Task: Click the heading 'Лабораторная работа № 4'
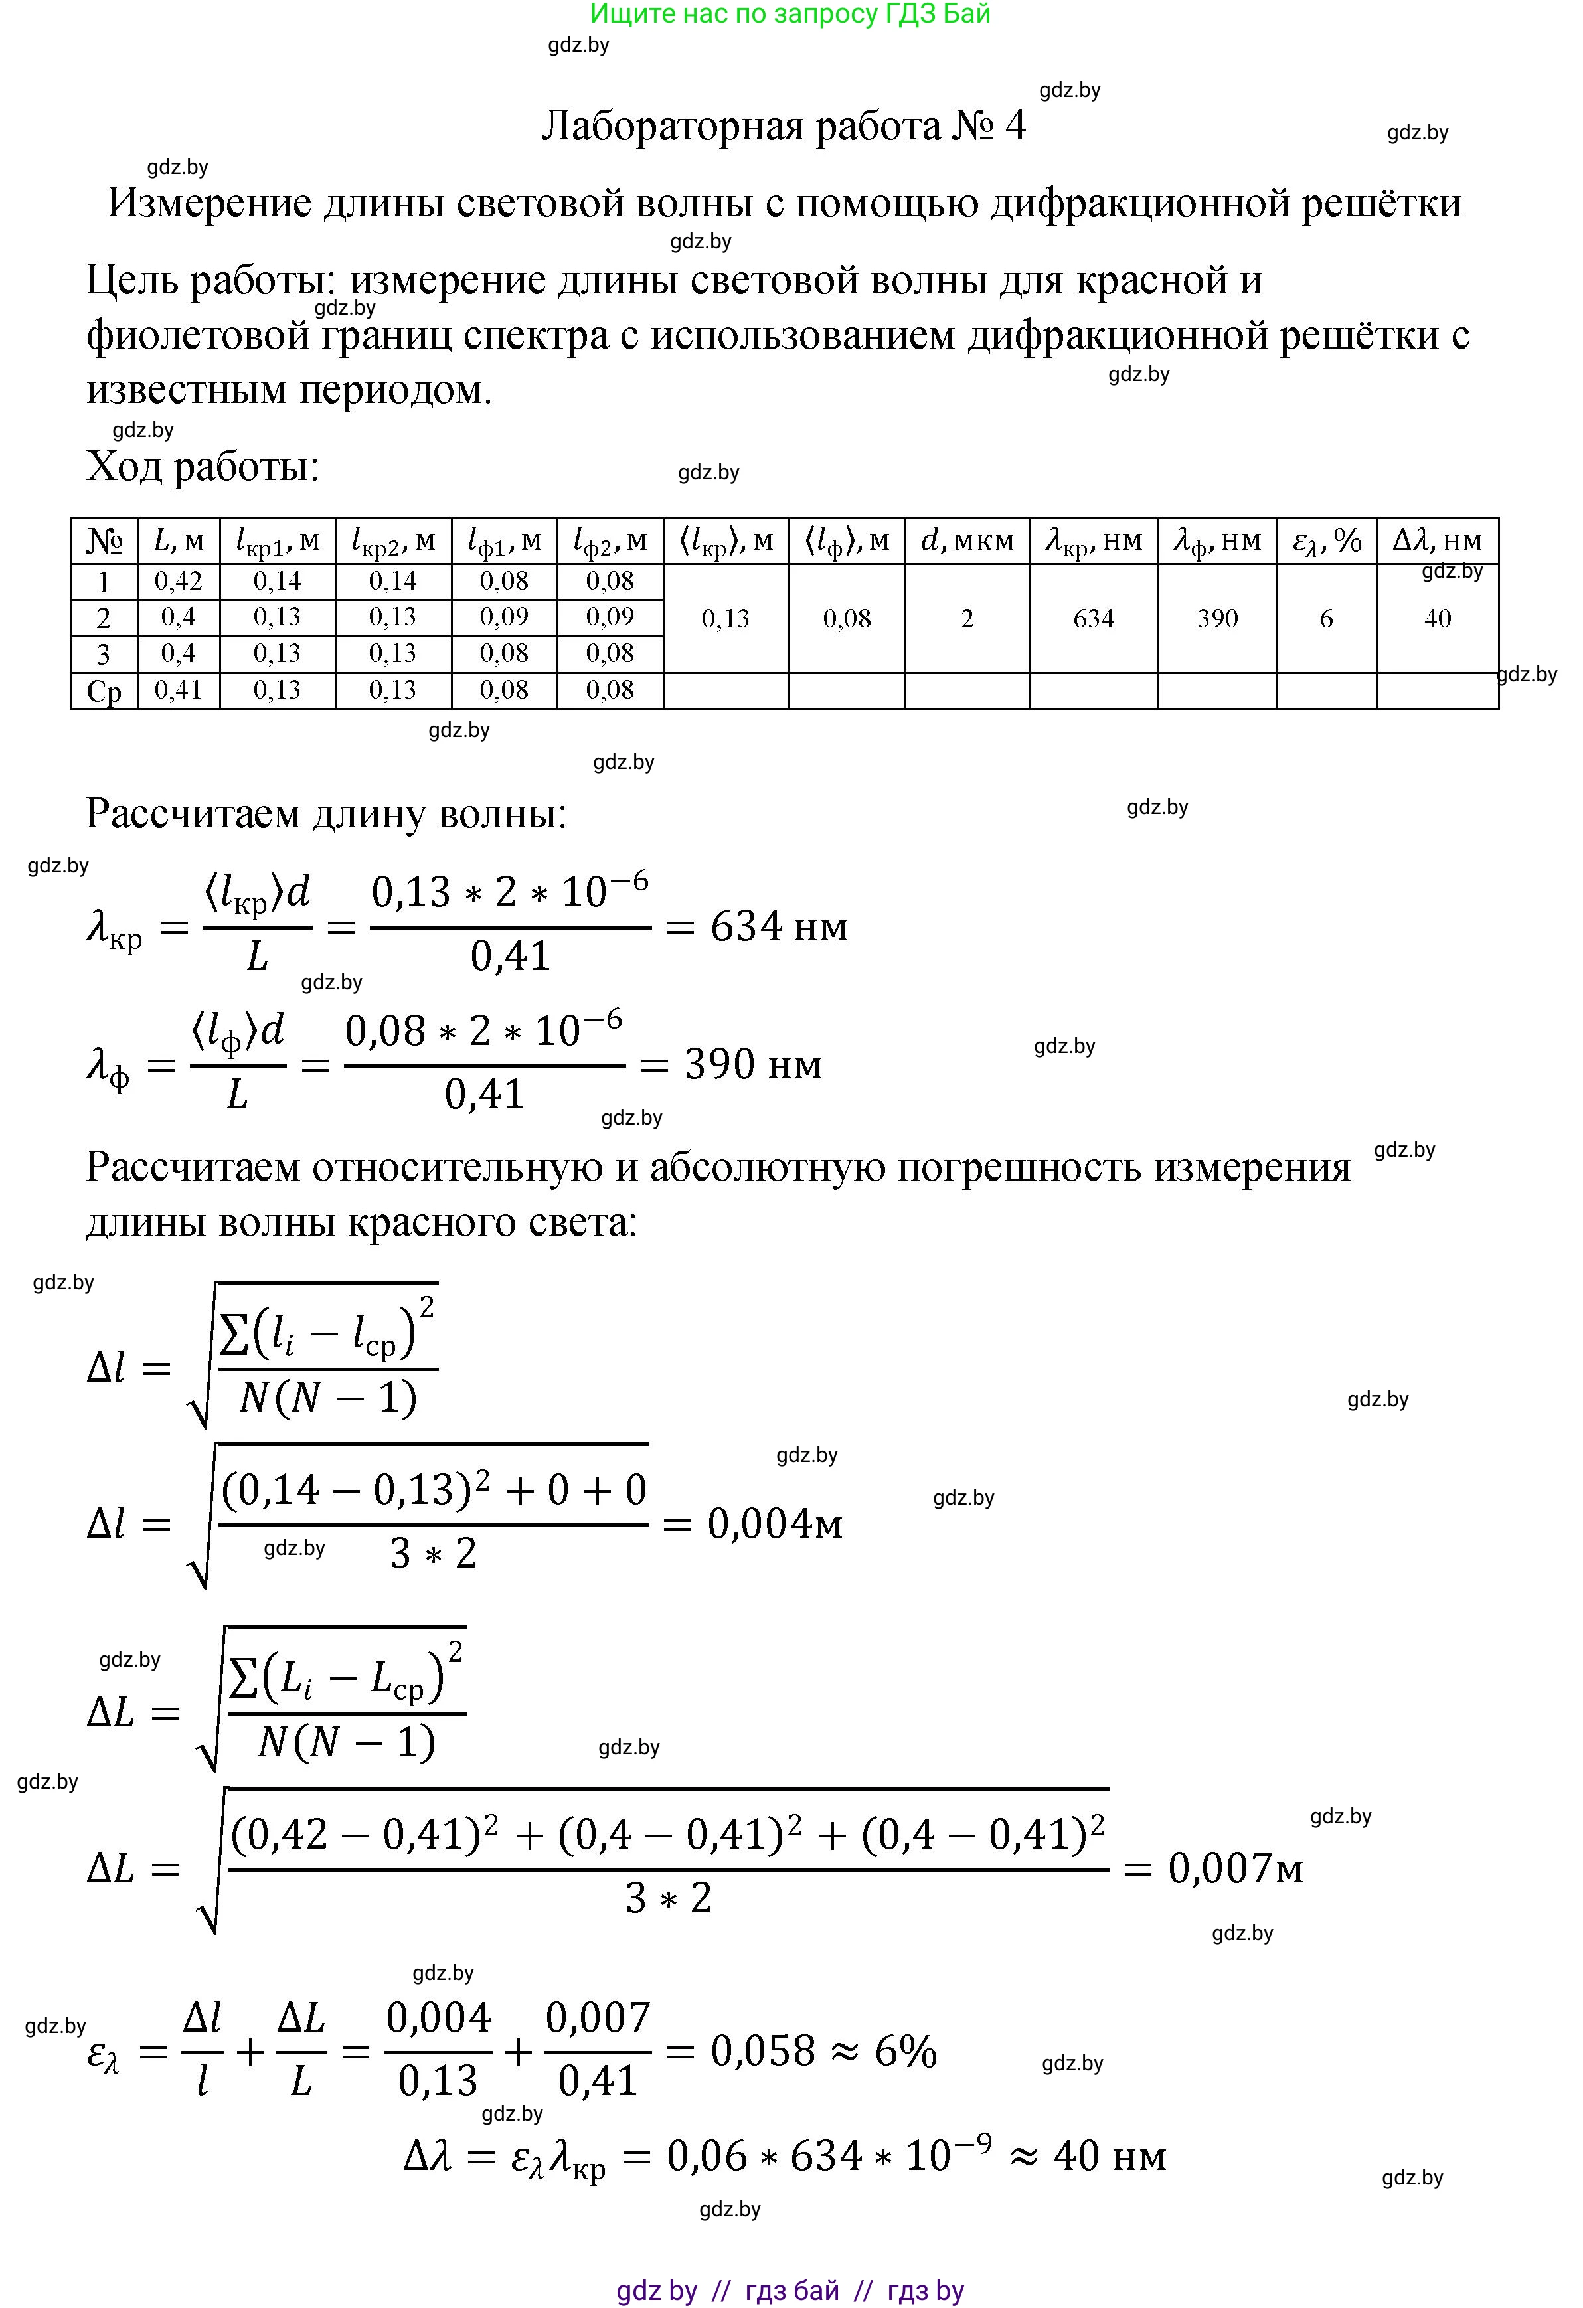(783, 127)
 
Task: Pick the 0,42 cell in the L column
(178, 581)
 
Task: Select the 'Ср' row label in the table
(104, 691)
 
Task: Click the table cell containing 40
(1436, 619)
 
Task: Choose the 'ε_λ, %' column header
(1326, 541)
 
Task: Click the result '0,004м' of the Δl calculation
(775, 1523)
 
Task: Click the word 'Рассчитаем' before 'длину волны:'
(192, 814)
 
